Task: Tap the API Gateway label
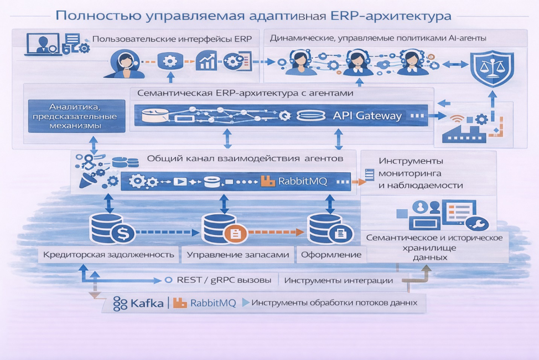tap(367, 116)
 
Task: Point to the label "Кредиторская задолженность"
tap(109, 255)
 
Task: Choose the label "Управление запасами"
tap(238, 255)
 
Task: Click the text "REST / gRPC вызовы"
tap(224, 280)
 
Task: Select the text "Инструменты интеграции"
tap(338, 280)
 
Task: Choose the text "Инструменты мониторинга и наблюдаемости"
tap(421, 173)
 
